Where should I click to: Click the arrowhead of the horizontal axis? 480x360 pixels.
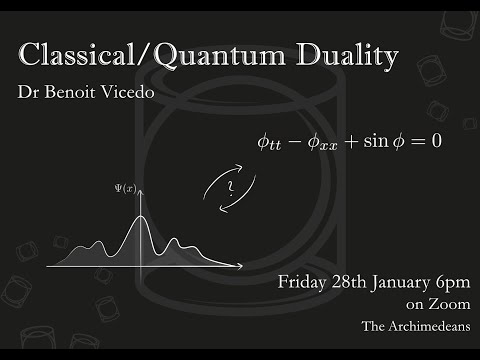[240, 267]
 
